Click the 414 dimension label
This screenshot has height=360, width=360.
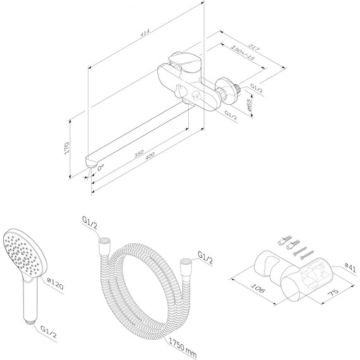coord(145,33)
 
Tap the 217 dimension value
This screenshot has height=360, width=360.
coord(254,47)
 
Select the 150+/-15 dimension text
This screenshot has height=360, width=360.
coord(243,53)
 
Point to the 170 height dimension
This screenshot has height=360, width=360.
coord(66,148)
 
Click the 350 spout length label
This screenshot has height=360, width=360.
coord(139,153)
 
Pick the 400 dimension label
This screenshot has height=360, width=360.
coord(150,155)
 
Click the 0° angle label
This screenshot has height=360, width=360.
coord(100,168)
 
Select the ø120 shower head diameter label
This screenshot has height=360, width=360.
coord(55,284)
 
